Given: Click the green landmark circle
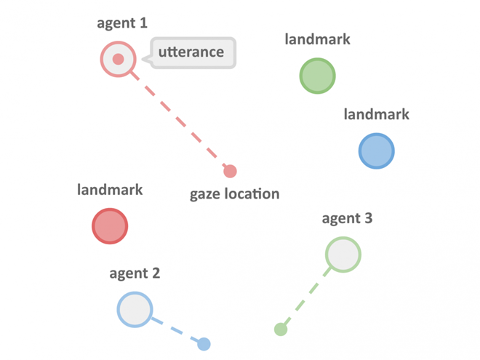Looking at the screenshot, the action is (x=317, y=76).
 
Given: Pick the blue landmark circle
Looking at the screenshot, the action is (x=377, y=151).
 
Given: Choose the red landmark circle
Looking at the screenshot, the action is (x=110, y=226).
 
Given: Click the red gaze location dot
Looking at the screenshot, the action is (x=230, y=171).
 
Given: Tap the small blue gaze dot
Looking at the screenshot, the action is (x=204, y=344).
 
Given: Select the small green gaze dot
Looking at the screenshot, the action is (x=281, y=329).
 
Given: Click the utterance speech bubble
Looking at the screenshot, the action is (x=191, y=52).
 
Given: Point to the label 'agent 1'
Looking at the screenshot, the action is (x=122, y=23).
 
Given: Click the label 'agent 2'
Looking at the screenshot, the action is (x=135, y=273).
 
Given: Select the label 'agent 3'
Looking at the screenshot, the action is (x=347, y=218).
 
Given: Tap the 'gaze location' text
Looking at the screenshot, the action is (x=234, y=194).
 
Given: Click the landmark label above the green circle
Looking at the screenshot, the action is (x=317, y=39).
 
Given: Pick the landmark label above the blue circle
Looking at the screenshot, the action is (x=377, y=114).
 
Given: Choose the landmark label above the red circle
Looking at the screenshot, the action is (x=110, y=190).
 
